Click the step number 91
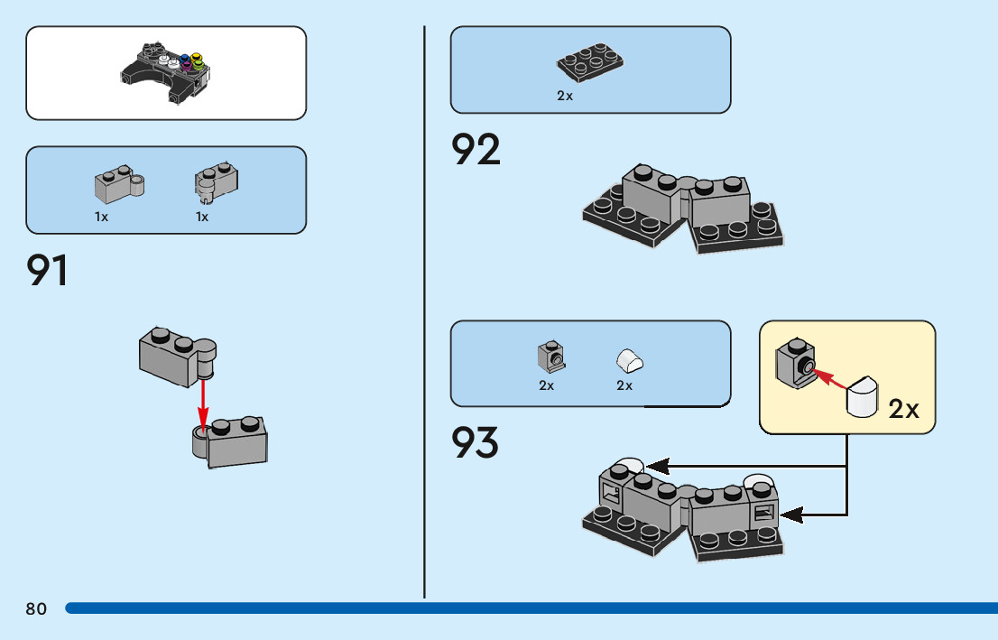click(x=47, y=271)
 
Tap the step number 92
click(x=476, y=150)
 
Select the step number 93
click(x=476, y=442)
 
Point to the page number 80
click(x=36, y=609)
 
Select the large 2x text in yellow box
click(x=903, y=409)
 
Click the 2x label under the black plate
click(x=565, y=96)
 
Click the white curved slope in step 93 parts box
click(x=630, y=361)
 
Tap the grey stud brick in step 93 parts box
click(x=550, y=357)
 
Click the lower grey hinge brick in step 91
click(x=234, y=442)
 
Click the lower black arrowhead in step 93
click(x=791, y=515)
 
